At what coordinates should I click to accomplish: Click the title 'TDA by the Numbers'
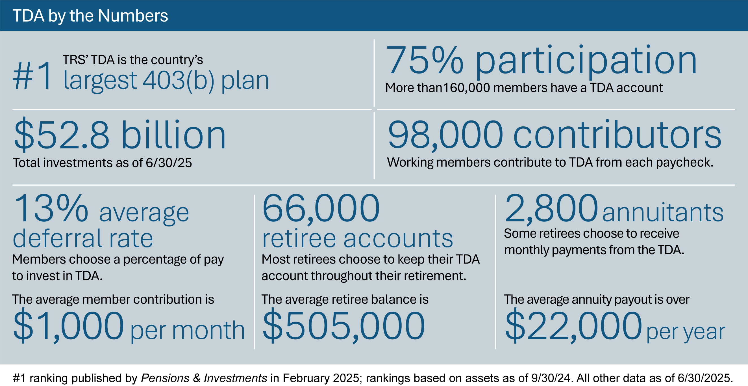pyautogui.click(x=90, y=16)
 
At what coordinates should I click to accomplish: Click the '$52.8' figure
pyautogui.click(x=62, y=135)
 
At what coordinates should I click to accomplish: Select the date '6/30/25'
pyautogui.click(x=169, y=163)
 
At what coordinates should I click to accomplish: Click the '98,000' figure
pyautogui.click(x=445, y=135)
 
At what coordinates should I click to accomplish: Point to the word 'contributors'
pyautogui.click(x=617, y=135)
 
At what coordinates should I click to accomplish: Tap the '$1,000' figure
pyautogui.click(x=69, y=325)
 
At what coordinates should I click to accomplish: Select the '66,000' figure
pyautogui.click(x=321, y=209)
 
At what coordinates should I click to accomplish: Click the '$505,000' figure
pyautogui.click(x=343, y=325)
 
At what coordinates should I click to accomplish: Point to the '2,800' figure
pyautogui.click(x=551, y=209)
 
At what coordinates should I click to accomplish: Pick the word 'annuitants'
pyautogui.click(x=663, y=212)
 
